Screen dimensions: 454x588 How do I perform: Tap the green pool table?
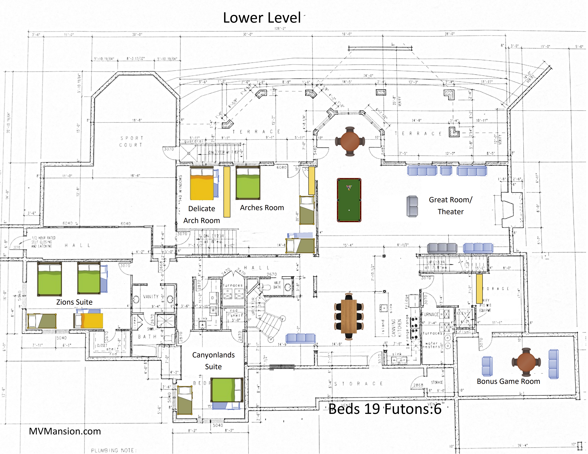pyautogui.click(x=349, y=200)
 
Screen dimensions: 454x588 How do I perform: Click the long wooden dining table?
pyautogui.click(x=349, y=316)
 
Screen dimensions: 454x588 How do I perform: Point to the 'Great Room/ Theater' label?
pyautogui.click(x=450, y=206)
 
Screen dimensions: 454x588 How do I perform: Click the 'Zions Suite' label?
pyautogui.click(x=74, y=302)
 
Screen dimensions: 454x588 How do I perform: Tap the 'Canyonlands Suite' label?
pyautogui.click(x=213, y=361)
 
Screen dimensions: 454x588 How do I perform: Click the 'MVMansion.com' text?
pyautogui.click(x=65, y=431)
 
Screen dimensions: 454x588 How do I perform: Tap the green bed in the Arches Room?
pyautogui.click(x=248, y=183)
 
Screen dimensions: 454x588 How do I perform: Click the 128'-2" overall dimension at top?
pyautogui.click(x=280, y=29)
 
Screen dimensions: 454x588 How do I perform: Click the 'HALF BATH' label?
pyautogui.click(x=277, y=285)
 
